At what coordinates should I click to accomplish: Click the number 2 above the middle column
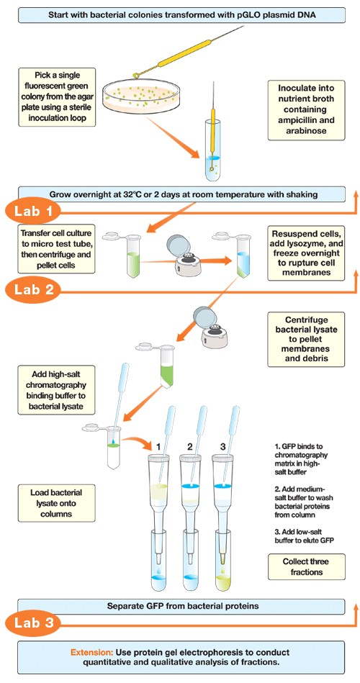coord(190,446)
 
